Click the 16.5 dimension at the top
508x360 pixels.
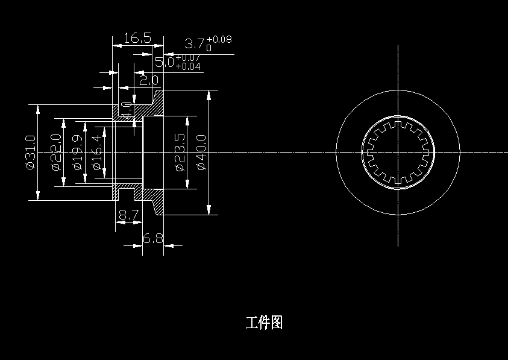(x=137, y=39)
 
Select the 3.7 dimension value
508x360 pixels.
(x=195, y=44)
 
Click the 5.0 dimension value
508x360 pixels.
(x=164, y=62)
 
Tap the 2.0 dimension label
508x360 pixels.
(x=148, y=80)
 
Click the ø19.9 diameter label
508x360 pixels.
(x=77, y=152)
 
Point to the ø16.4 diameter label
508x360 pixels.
(x=96, y=152)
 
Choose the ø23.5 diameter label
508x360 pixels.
(x=179, y=152)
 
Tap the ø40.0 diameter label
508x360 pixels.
(x=201, y=152)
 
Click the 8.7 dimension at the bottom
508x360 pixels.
(x=128, y=214)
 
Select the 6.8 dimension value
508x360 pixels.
(x=152, y=239)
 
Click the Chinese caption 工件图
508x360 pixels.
(x=264, y=323)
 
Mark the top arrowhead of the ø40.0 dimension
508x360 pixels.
(x=209, y=95)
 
